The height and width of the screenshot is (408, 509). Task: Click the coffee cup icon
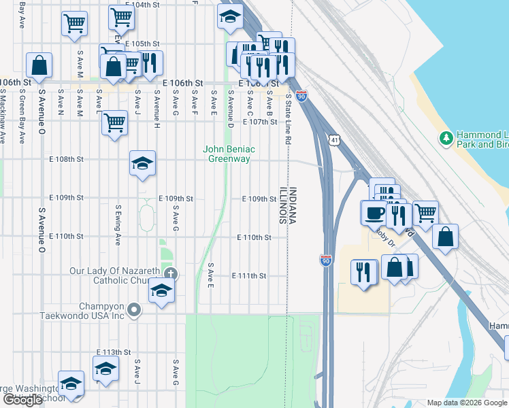[x=373, y=212]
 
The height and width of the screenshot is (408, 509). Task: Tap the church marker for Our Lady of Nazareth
[x=170, y=274]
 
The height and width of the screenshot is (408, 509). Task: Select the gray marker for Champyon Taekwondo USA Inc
[x=134, y=311]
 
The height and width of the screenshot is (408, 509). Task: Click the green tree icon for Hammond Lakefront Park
[x=446, y=139]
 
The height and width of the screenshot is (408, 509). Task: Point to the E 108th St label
[x=67, y=159]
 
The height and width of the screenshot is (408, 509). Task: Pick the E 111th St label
[x=248, y=276]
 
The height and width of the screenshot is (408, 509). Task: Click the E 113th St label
[x=113, y=352]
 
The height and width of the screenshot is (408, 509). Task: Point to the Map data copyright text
[x=467, y=403]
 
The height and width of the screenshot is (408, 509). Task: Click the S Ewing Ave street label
[x=118, y=225]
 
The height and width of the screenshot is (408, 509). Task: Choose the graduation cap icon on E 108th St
[x=142, y=163]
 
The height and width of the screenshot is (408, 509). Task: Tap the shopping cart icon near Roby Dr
[x=425, y=213]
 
